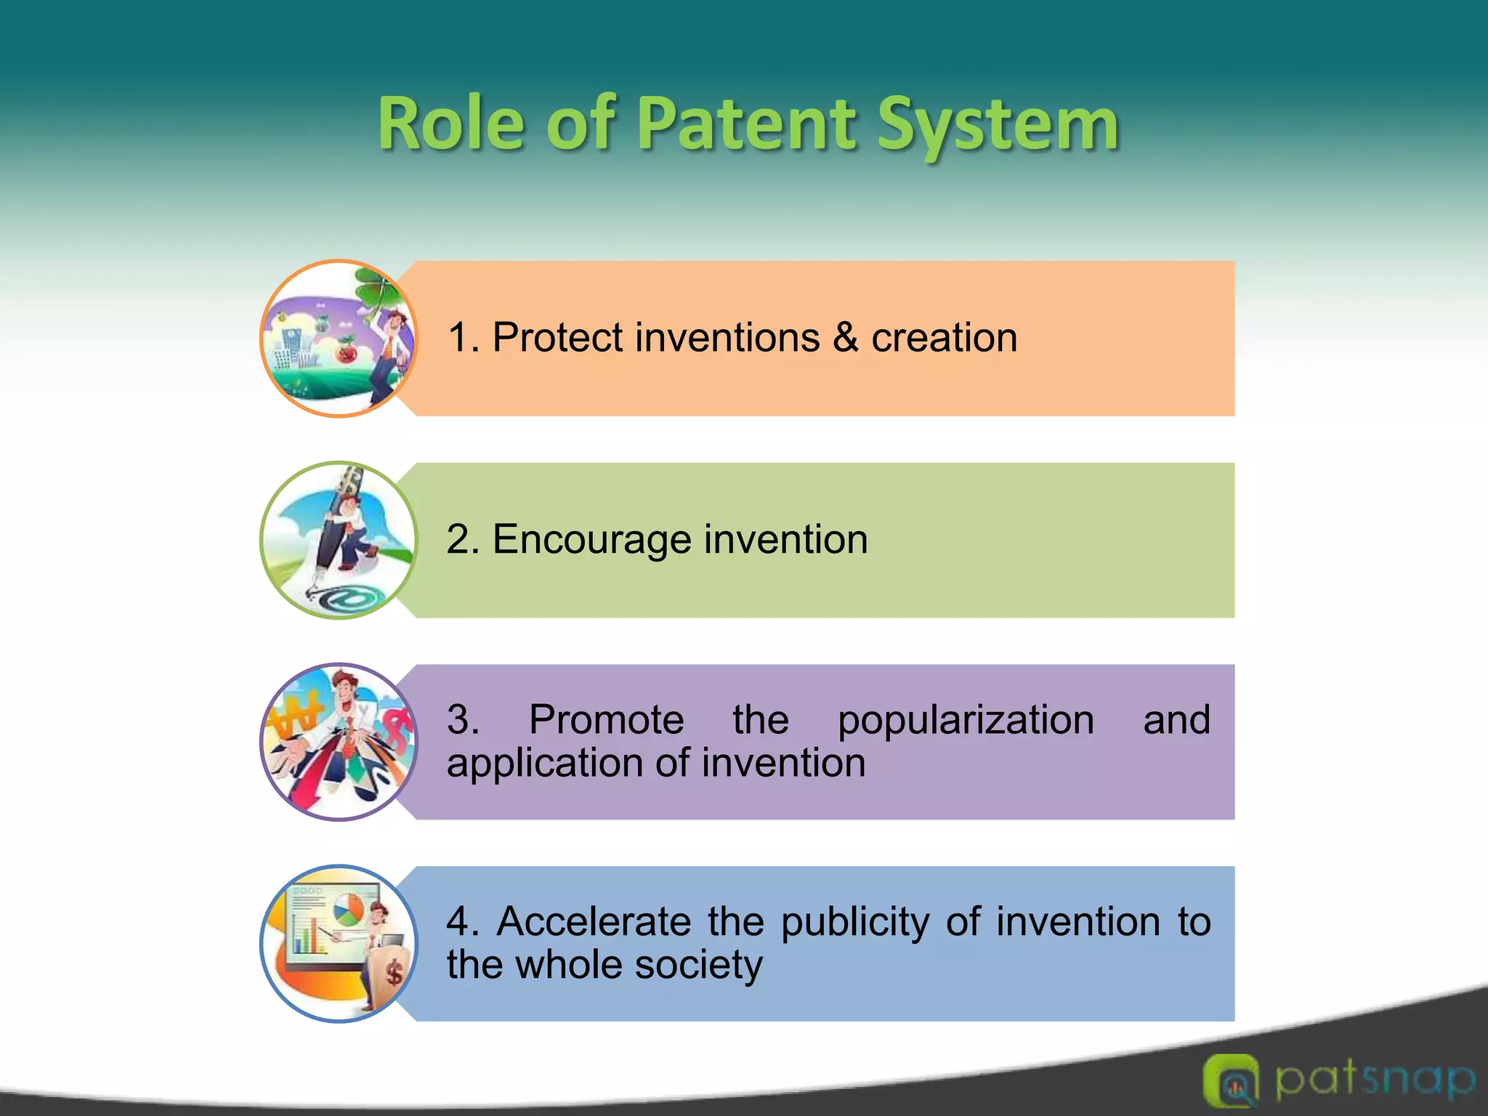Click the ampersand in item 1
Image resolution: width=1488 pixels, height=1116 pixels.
point(845,338)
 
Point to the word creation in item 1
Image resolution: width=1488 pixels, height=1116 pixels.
point(944,338)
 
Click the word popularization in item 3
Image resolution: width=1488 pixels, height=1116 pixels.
point(966,720)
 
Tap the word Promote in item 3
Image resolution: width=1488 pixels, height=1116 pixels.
point(606,720)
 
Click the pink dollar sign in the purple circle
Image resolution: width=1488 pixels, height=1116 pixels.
point(396,727)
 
